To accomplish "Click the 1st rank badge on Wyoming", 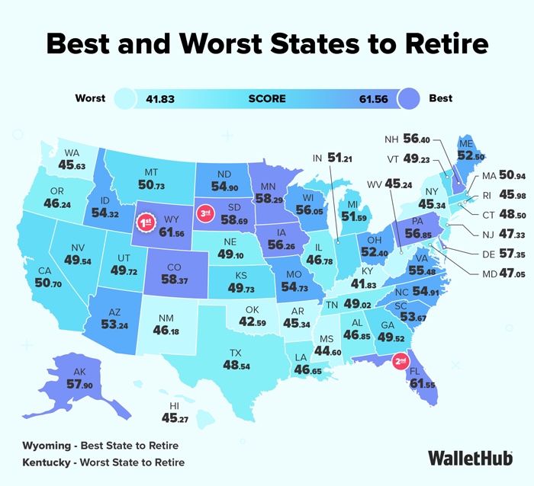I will (145, 222).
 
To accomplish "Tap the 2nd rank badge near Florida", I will (400, 361).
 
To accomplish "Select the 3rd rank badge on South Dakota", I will (205, 214).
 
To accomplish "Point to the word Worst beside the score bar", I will (91, 98).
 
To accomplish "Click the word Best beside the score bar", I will (440, 98).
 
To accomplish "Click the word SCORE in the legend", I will (267, 98).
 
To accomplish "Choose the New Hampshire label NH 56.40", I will (407, 140).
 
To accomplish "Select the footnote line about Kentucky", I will (103, 462).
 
